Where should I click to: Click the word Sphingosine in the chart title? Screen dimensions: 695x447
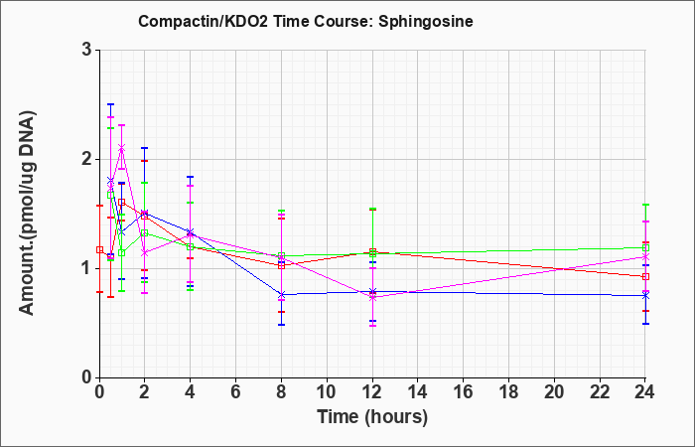tap(426, 21)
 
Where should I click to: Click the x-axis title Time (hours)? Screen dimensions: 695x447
tap(372, 417)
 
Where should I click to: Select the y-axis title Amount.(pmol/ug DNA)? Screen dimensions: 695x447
tap(28, 213)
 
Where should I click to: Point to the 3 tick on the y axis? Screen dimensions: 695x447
tap(87, 50)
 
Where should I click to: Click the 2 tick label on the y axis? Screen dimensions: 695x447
tap(87, 159)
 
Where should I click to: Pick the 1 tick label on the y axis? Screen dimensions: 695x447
tap(87, 268)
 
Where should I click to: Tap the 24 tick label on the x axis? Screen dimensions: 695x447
tap(645, 392)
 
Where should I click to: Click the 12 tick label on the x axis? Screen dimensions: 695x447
tap(372, 392)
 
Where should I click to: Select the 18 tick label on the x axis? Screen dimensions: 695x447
tap(508, 392)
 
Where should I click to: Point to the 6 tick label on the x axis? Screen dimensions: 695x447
tap(236, 392)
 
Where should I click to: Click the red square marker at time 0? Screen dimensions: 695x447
tap(99, 250)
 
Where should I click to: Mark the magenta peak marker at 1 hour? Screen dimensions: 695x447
tap(122, 147)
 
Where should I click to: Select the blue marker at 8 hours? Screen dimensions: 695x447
tap(281, 294)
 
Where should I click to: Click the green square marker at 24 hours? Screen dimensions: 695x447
tap(645, 247)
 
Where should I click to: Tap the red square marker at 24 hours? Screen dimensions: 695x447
tap(645, 277)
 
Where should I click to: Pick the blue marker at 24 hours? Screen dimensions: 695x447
tap(645, 295)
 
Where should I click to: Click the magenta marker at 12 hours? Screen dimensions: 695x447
tap(372, 298)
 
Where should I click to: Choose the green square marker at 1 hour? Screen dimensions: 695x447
tap(122, 252)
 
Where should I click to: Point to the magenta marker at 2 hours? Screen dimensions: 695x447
tap(145, 252)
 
